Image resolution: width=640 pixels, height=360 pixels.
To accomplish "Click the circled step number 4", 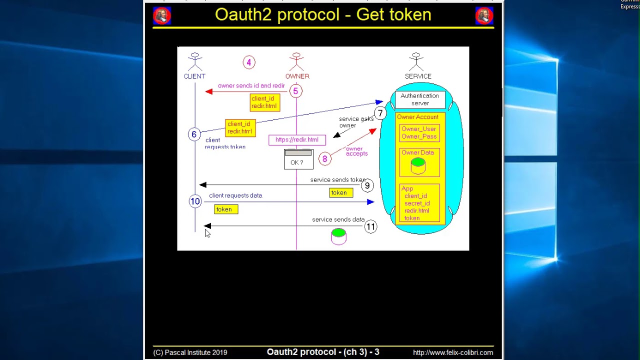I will [249, 62].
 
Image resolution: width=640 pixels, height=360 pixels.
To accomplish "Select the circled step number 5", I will [295, 91].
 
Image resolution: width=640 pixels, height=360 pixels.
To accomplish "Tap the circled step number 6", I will [194, 134].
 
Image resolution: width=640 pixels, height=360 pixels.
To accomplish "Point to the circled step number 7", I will [380, 113].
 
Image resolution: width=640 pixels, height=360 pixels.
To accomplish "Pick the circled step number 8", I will [324, 159].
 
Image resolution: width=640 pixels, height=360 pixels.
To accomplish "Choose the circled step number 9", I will [367, 186].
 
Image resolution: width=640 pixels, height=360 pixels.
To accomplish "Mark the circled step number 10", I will [195, 201].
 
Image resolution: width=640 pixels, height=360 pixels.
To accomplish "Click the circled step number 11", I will [370, 227].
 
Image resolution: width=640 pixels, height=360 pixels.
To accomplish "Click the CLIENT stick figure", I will [195, 62].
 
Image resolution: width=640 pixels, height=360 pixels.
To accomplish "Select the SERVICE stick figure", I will [416, 62].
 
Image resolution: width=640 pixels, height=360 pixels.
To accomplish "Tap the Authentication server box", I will [420, 99].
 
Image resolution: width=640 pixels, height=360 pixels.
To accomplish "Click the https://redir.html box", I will [297, 140].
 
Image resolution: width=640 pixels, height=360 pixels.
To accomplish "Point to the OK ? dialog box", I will [298, 159].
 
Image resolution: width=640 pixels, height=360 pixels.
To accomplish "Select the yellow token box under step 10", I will [226, 209].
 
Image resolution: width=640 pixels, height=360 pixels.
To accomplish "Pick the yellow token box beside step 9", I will [341, 192].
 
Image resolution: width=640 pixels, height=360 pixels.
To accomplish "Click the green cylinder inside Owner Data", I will [418, 165].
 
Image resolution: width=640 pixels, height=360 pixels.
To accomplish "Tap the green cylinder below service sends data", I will [338, 236].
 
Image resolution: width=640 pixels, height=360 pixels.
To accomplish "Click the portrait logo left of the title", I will [162, 16].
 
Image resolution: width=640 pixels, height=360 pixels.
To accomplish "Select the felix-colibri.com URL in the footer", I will [452, 352].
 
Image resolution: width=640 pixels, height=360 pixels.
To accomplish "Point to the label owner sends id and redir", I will [251, 85].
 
